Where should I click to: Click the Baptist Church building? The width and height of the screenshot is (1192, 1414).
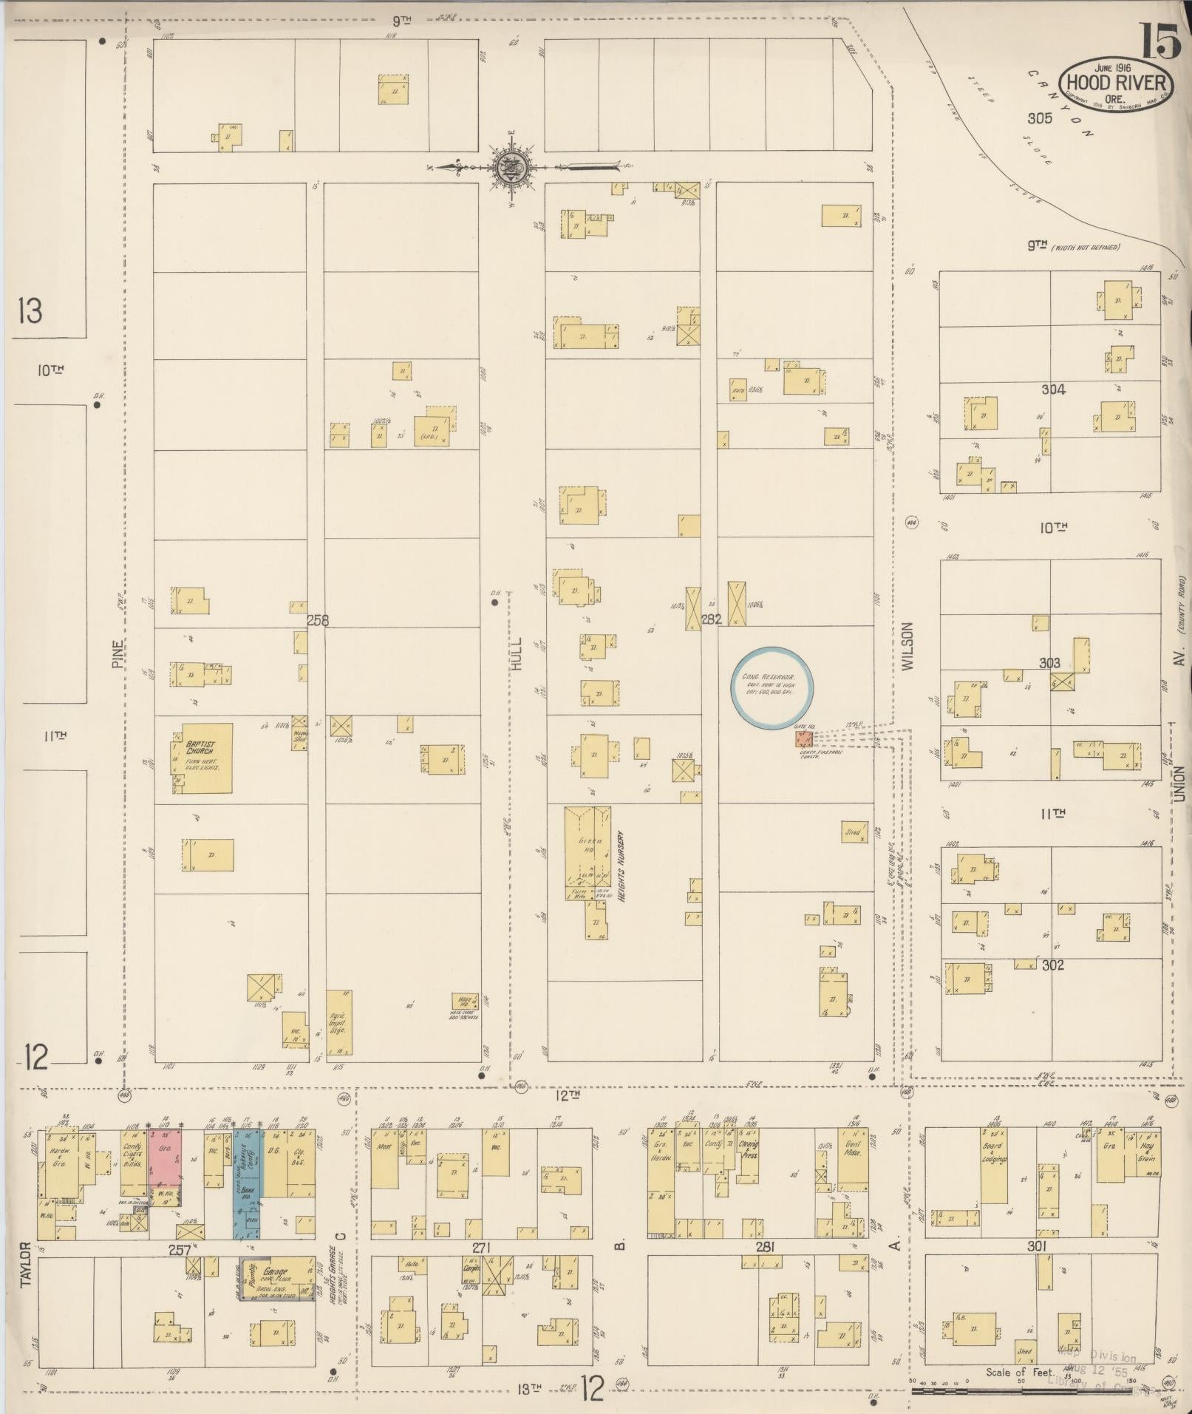point(202,758)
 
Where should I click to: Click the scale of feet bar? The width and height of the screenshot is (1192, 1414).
point(1035,1391)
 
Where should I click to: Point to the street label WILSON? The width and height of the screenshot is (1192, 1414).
point(907,645)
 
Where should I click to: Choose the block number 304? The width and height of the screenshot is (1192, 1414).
point(1052,390)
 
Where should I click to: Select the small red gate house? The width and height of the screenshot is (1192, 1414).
point(803,738)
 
